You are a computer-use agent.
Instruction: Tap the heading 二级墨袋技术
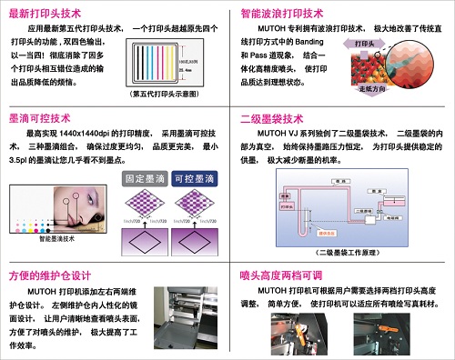pos(269,119)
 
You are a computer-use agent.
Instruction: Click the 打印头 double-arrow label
pos(364,43)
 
